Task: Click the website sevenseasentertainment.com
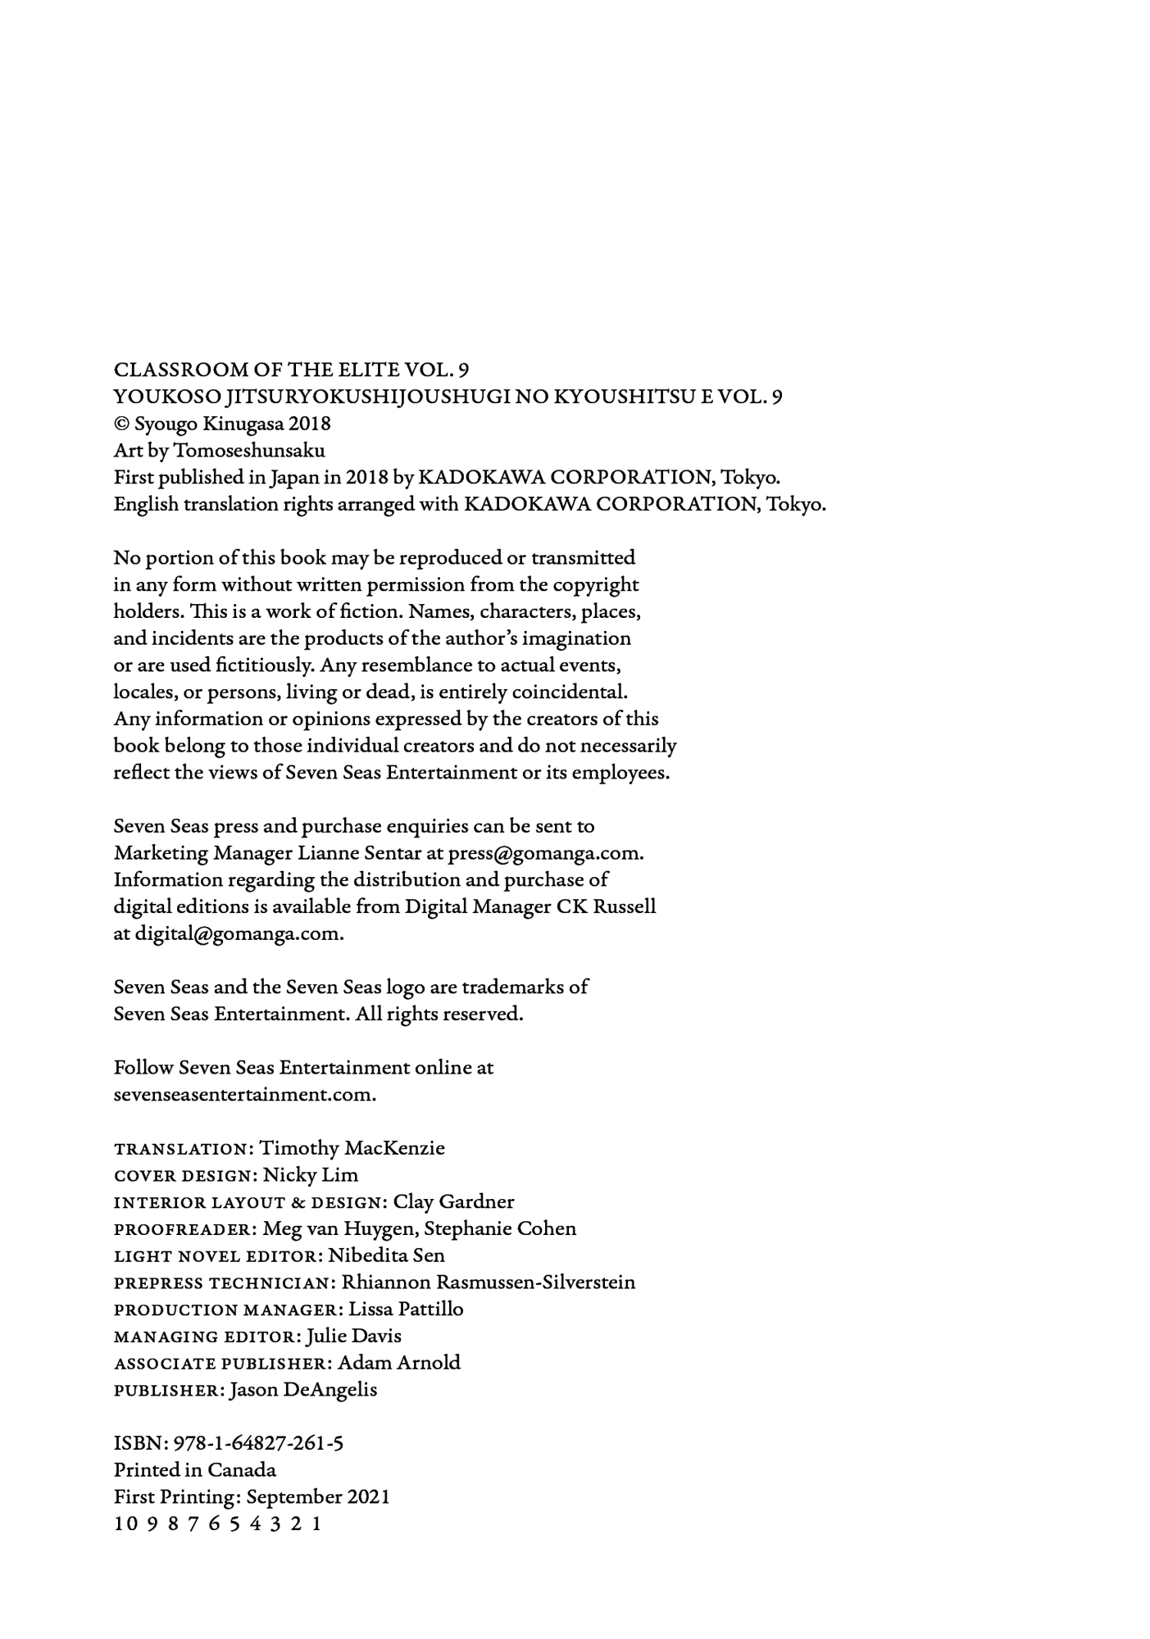pyautogui.click(x=244, y=1095)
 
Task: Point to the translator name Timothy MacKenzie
pyautogui.click(x=352, y=1148)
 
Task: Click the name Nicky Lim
pyautogui.click(x=311, y=1175)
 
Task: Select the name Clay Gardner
pyautogui.click(x=453, y=1202)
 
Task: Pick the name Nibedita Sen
pyautogui.click(x=386, y=1255)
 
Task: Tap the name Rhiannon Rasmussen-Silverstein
pyautogui.click(x=488, y=1283)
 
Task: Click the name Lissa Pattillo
pyautogui.click(x=406, y=1310)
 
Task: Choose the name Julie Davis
pyautogui.click(x=353, y=1336)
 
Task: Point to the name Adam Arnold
pyautogui.click(x=399, y=1363)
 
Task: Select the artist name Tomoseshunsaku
pyautogui.click(x=249, y=451)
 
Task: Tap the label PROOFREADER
pyautogui.click(x=184, y=1229)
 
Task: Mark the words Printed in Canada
pyautogui.click(x=195, y=1470)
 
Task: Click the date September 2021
pyautogui.click(x=318, y=1497)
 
